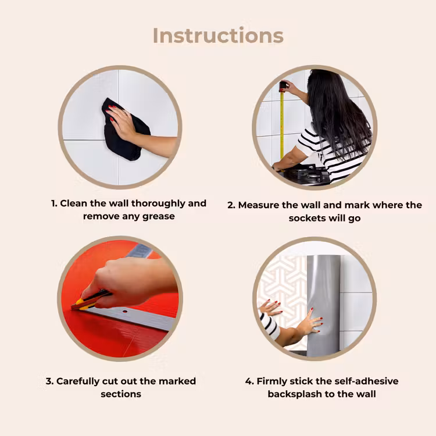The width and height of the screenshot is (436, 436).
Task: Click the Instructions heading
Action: click(x=218, y=35)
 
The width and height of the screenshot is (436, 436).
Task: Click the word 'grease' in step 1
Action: click(x=159, y=217)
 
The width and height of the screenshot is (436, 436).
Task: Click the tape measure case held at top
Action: click(x=283, y=86)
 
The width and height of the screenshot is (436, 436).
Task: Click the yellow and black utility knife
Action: click(x=90, y=301)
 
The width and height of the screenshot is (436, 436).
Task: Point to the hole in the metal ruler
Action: click(x=125, y=312)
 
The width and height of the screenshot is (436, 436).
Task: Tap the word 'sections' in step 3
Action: click(x=121, y=394)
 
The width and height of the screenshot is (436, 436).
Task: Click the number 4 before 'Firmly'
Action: click(x=249, y=381)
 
